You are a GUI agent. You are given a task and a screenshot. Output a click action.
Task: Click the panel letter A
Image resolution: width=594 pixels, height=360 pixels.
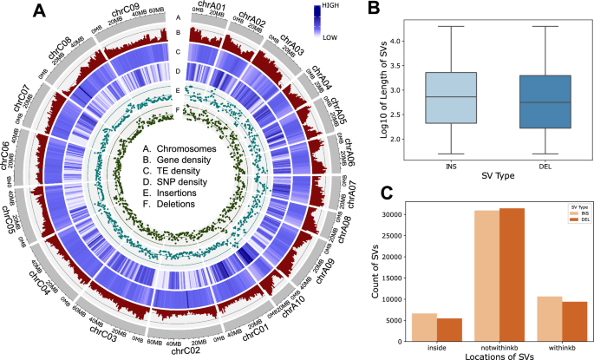(x=39, y=12)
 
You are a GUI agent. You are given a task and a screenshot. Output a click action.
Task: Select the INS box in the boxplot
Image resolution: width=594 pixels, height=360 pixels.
(x=421, y=97)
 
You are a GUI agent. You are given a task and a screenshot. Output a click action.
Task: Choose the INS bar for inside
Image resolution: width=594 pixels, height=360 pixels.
(x=424, y=326)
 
